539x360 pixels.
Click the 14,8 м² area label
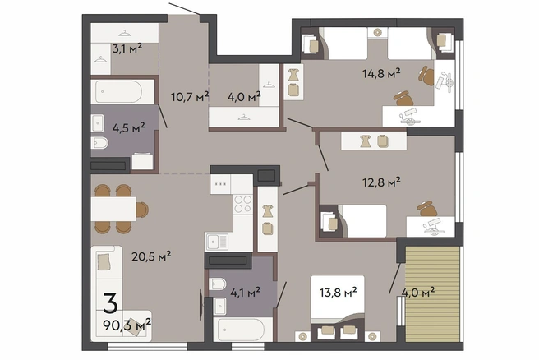[x=381, y=73]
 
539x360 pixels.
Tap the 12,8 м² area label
[x=381, y=182]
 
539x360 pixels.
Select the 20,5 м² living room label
[x=151, y=256]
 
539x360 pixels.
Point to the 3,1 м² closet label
[x=127, y=48]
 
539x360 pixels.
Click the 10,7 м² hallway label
[x=190, y=97]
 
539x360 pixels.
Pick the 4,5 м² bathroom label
[x=129, y=128]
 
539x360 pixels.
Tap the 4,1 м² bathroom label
[x=245, y=293]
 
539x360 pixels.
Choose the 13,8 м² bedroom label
[x=338, y=293]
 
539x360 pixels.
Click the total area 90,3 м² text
[x=127, y=324]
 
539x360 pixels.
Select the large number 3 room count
[x=111, y=303]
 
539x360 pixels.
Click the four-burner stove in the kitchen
[x=243, y=204]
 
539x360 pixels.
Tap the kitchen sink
[x=217, y=242]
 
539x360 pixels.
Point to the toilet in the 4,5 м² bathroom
[x=99, y=143]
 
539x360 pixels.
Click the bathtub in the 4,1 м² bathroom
[x=242, y=330]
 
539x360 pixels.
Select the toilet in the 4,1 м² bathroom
[x=218, y=284]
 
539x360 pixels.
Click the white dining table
[x=113, y=209]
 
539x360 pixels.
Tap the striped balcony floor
[x=432, y=294]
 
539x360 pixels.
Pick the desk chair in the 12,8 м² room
[x=427, y=209]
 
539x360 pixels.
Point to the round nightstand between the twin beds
[x=377, y=33]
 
